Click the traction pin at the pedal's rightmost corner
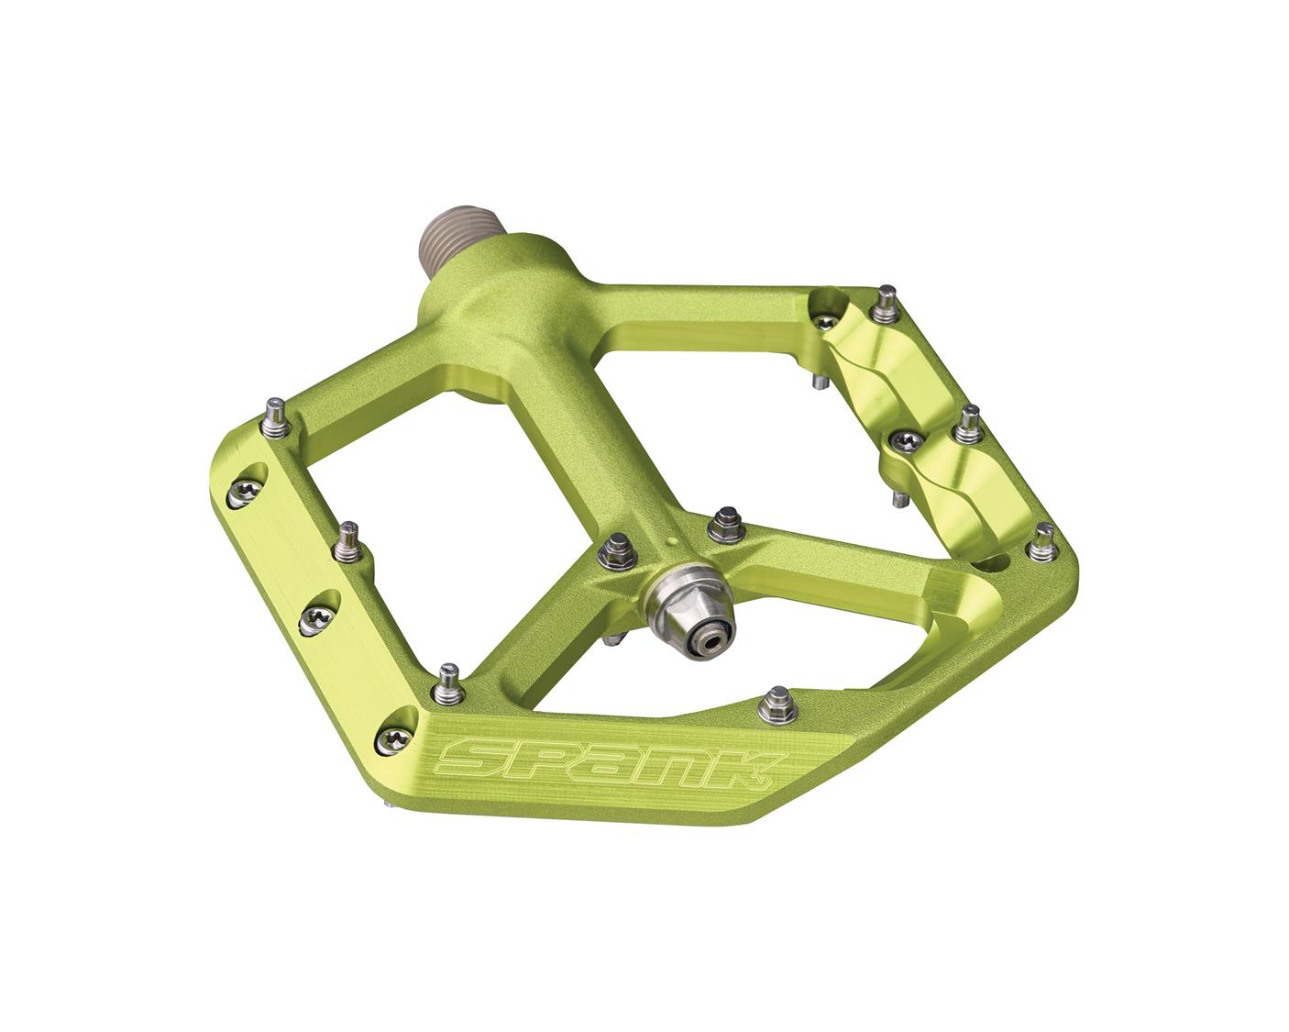[x=1041, y=542]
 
